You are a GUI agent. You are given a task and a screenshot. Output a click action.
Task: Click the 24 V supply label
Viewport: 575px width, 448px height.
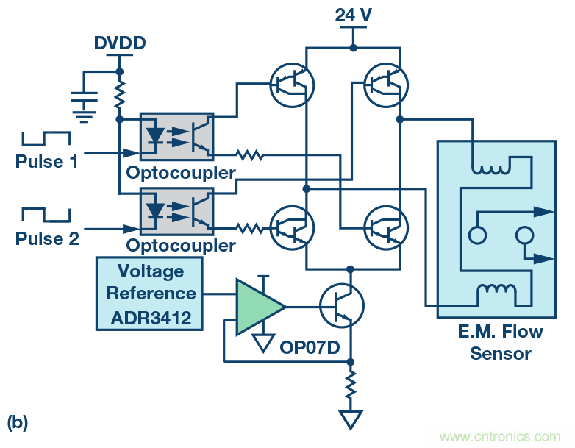click(x=353, y=15)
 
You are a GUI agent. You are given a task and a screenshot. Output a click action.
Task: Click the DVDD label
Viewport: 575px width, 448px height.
click(x=120, y=43)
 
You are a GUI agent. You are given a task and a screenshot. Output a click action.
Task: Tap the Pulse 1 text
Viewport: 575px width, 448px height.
click(x=46, y=161)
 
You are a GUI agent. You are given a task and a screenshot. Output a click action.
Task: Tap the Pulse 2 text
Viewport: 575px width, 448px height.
click(x=46, y=239)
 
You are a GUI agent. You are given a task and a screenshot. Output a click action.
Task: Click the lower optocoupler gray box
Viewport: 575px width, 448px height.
click(x=176, y=211)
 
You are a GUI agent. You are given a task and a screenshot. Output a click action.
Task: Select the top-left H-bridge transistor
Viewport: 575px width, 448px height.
click(x=293, y=85)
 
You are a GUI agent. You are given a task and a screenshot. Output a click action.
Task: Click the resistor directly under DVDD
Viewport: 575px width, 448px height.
click(x=119, y=94)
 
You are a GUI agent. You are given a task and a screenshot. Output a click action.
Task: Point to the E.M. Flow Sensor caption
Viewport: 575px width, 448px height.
click(x=500, y=342)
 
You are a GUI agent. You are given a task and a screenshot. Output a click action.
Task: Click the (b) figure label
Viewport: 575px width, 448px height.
click(x=18, y=422)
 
